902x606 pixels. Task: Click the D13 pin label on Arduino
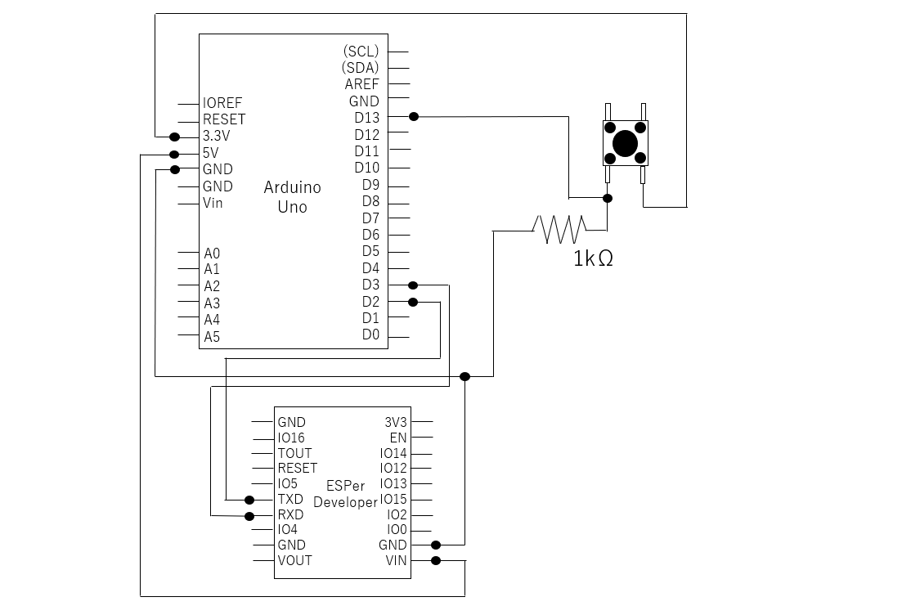pyautogui.click(x=366, y=118)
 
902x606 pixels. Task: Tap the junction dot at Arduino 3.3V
pyautogui.click(x=174, y=137)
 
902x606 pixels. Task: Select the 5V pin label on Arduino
pyautogui.click(x=210, y=153)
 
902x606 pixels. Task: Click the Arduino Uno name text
pyautogui.click(x=292, y=197)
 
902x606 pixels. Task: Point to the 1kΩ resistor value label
pyautogui.click(x=593, y=259)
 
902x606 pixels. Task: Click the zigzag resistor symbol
pyautogui.click(x=560, y=230)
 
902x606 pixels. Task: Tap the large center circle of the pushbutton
pyautogui.click(x=626, y=143)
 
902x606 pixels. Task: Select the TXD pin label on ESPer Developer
pyautogui.click(x=290, y=499)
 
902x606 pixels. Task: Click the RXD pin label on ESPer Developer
pyautogui.click(x=290, y=514)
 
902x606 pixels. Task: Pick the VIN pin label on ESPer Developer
pyautogui.click(x=396, y=560)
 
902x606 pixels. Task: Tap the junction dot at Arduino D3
pyautogui.click(x=412, y=285)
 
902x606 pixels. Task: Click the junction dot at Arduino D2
pyautogui.click(x=412, y=302)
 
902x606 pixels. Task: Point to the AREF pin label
pyautogui.click(x=361, y=84)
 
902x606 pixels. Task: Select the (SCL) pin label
pyautogui.click(x=361, y=52)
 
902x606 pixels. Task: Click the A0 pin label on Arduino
pyautogui.click(x=212, y=254)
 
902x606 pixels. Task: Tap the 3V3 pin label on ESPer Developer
pyautogui.click(x=396, y=423)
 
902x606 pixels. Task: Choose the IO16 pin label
pyautogui.click(x=291, y=438)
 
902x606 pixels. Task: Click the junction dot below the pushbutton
pyautogui.click(x=608, y=199)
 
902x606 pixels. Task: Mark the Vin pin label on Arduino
pyautogui.click(x=213, y=203)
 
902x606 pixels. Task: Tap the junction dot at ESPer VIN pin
pyautogui.click(x=436, y=560)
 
